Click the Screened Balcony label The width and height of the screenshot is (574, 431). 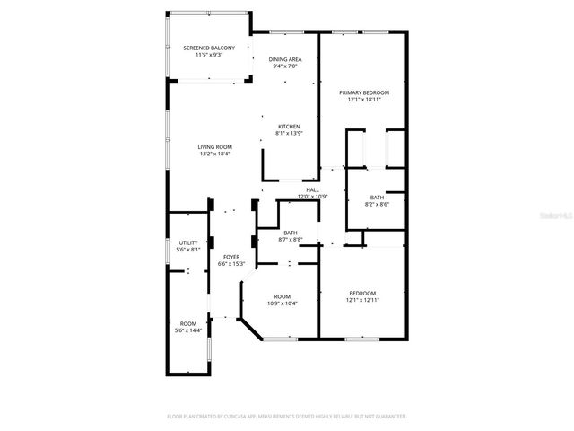(209, 48)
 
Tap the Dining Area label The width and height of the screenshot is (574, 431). (284, 59)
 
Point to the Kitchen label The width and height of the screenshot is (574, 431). (288, 126)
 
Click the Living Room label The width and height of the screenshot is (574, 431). (214, 146)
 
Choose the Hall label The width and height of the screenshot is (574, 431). (312, 189)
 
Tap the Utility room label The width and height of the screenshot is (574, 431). (187, 242)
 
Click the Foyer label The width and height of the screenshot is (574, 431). (230, 257)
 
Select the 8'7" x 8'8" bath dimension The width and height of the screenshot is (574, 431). (291, 239)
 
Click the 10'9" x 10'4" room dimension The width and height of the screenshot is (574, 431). (283, 303)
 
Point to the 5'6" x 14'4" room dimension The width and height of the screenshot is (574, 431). (187, 330)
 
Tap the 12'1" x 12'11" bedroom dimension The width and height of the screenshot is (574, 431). (361, 300)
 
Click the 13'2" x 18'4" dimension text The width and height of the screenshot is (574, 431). (214, 154)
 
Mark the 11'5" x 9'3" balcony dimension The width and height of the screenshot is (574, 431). (209, 55)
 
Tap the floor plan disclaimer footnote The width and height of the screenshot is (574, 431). (286, 417)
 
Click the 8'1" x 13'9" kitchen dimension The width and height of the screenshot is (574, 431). (288, 133)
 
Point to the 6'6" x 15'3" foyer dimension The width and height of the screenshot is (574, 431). (230, 264)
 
